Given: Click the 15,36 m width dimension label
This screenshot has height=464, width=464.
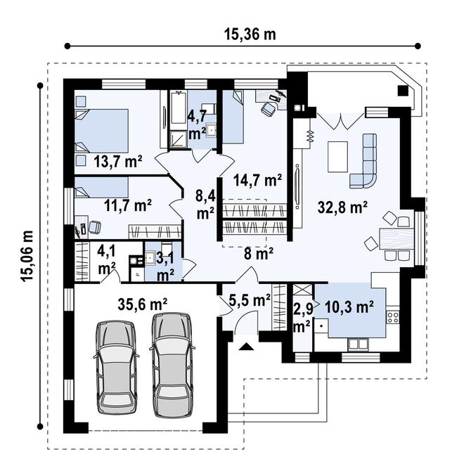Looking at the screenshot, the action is [x=250, y=34].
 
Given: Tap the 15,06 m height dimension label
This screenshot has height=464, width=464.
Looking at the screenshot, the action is [x=27, y=257].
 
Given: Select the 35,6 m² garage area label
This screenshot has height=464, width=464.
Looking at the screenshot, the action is [x=143, y=304].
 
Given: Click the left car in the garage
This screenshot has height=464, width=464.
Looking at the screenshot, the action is [x=116, y=368].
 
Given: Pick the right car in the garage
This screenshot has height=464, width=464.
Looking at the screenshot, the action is [x=172, y=365].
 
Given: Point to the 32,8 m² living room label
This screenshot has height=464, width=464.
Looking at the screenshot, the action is [x=342, y=207].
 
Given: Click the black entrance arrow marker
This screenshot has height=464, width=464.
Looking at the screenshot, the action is [x=246, y=347].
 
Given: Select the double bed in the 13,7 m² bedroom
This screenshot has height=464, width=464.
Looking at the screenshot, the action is [x=101, y=131].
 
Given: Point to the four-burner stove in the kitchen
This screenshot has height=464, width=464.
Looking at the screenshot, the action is [x=393, y=317].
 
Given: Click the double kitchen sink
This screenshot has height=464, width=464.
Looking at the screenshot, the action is [x=358, y=344].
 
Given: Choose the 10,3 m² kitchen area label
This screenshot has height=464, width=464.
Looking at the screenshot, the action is [x=349, y=307].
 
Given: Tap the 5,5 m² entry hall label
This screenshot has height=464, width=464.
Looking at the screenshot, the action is [x=250, y=300].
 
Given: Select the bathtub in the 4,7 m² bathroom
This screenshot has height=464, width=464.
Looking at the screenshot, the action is [x=179, y=107].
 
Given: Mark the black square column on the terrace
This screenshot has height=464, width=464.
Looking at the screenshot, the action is [x=403, y=91].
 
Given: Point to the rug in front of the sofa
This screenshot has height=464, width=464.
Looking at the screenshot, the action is [x=337, y=157].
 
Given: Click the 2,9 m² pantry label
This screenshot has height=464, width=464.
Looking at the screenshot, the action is [x=302, y=318].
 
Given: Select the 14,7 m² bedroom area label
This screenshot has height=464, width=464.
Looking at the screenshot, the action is [x=257, y=180].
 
